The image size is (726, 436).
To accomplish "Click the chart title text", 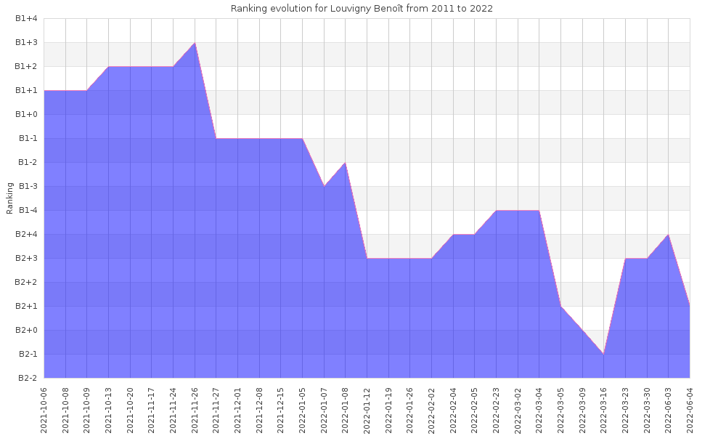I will (x=362, y=9).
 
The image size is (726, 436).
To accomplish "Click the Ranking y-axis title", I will (x=10, y=198).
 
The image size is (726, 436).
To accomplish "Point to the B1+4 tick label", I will (x=26, y=19).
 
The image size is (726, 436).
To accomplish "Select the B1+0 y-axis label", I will (x=26, y=114).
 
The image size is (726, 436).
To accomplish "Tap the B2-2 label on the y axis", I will (x=26, y=378).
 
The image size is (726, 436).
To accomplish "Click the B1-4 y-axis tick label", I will (x=26, y=210).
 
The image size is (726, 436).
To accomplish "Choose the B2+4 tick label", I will (x=26, y=234).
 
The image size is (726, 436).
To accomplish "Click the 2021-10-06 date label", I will (x=44, y=411).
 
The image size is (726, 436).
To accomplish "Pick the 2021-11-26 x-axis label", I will (x=195, y=411).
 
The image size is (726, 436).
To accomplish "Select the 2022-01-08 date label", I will (x=346, y=411).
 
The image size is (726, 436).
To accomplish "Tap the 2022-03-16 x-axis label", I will (x=604, y=411).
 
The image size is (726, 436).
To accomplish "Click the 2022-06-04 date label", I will (x=690, y=411).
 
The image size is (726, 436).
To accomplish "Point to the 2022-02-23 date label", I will (x=496, y=411).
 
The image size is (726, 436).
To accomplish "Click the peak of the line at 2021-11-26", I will (x=195, y=43).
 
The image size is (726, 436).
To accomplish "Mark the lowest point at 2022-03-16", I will (x=604, y=354).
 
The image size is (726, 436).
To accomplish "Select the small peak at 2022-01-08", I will (x=346, y=163).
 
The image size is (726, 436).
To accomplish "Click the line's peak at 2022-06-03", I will (x=668, y=235).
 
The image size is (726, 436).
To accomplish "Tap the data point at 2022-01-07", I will (x=324, y=186).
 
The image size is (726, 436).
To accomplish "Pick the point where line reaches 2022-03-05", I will (x=560, y=306).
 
